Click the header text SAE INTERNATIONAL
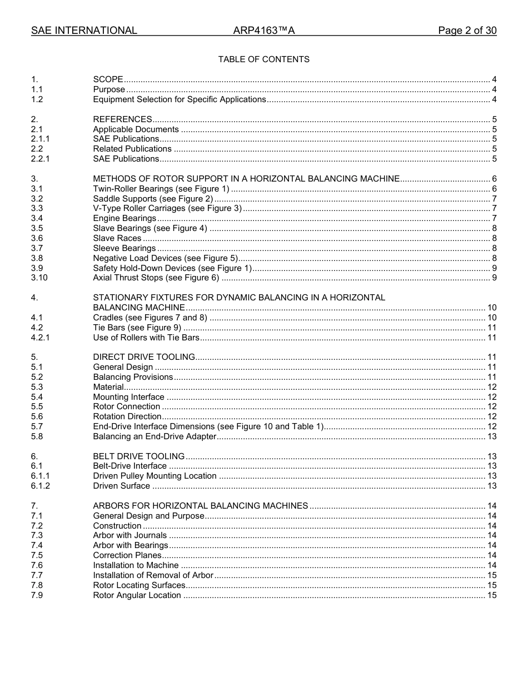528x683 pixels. [x=84, y=31]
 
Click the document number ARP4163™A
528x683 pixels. [x=264, y=31]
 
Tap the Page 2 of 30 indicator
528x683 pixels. [x=467, y=31]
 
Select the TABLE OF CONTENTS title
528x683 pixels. [x=264, y=59]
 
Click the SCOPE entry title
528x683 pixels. [x=108, y=79]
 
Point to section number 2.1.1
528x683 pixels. [x=41, y=139]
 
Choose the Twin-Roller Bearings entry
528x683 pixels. [x=161, y=189]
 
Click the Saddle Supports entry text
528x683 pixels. [x=153, y=199]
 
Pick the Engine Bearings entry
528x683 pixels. [x=124, y=218]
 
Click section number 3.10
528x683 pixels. [x=39, y=278]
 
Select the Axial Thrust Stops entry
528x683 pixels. [x=156, y=278]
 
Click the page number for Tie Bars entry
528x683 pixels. [x=491, y=328]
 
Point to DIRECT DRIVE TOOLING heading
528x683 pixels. [x=144, y=357]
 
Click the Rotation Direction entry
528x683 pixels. [x=127, y=416]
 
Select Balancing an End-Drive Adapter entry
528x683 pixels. [x=155, y=436]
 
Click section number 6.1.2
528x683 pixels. [x=41, y=486]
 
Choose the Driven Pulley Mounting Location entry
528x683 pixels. [x=155, y=476]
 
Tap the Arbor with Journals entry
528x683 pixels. [x=129, y=535]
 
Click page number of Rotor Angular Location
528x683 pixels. [x=491, y=595]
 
